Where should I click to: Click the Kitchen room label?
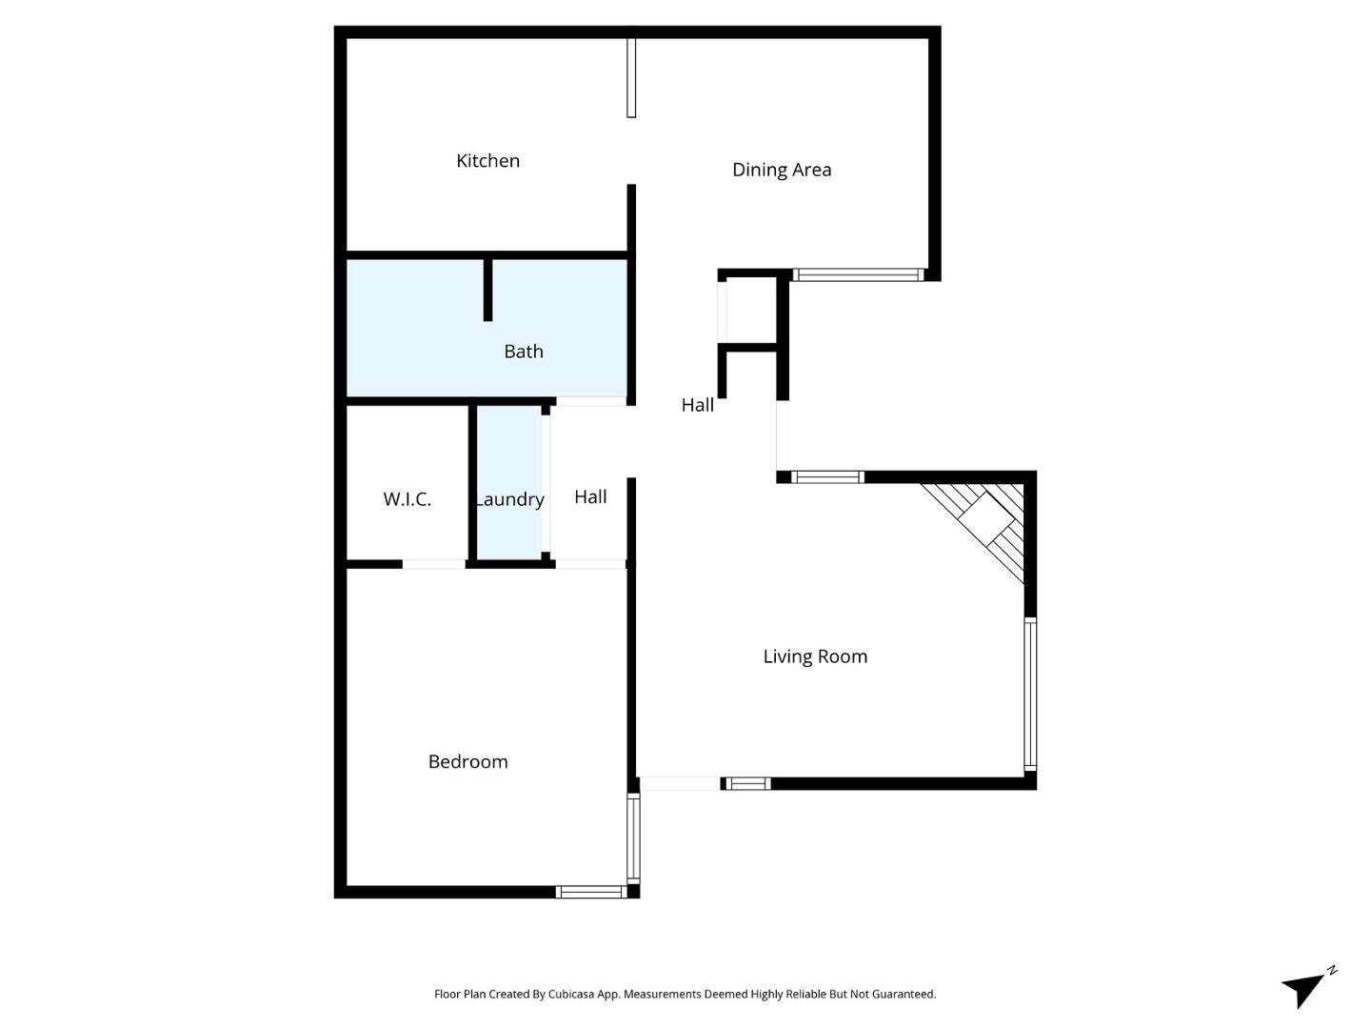[x=487, y=161]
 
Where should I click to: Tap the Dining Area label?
[x=782, y=170]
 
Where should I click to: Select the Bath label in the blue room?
[x=524, y=352]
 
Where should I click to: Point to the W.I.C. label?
[x=407, y=499]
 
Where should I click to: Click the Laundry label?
[x=509, y=500]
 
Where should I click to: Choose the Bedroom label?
[x=467, y=761]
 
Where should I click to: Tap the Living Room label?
[x=815, y=656]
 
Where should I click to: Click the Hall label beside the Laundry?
[x=590, y=496]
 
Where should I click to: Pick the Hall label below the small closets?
[x=697, y=405]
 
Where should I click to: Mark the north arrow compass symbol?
[x=1308, y=987]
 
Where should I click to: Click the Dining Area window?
[x=858, y=275]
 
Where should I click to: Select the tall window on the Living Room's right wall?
[x=1030, y=695]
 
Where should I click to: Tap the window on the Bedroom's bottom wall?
[x=591, y=892]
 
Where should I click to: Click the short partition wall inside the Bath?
[x=487, y=290]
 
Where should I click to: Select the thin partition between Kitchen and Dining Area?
[x=631, y=77]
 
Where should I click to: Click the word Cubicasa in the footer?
[x=571, y=994]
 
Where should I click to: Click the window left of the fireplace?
[x=828, y=477]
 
